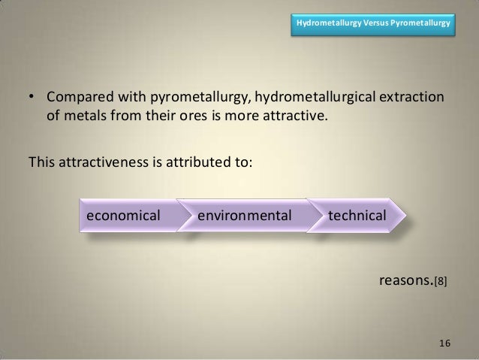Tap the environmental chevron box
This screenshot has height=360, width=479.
coord(245,216)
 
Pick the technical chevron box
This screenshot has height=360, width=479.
coord(357,216)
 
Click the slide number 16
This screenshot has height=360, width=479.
coord(444,343)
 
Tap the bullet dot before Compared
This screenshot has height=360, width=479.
coord(32,99)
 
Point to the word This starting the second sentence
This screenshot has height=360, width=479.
coord(42,160)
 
